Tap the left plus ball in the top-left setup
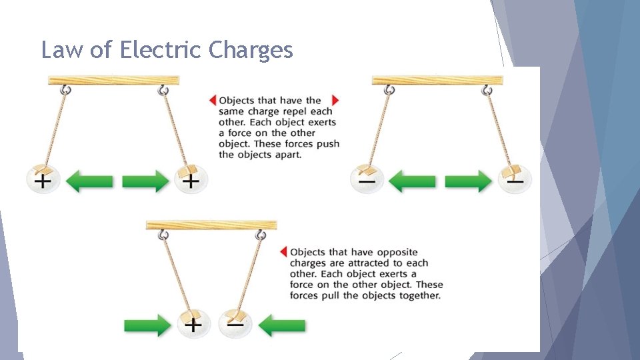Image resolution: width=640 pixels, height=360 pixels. tap(43, 180)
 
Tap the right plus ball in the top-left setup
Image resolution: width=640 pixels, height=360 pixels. tap(191, 180)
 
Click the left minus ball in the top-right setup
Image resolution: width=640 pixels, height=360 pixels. tap(367, 180)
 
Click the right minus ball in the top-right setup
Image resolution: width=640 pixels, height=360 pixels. tap(515, 180)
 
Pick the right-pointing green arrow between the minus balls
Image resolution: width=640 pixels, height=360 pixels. tap(469, 181)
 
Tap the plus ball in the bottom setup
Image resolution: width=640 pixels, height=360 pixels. tap(193, 324)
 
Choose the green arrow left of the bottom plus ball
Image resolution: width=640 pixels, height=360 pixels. tap(147, 325)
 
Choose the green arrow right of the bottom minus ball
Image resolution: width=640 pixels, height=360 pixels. tap(281, 325)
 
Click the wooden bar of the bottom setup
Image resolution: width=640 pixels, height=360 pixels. tap(211, 225)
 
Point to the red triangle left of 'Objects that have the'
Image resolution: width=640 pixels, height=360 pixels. tap(213, 101)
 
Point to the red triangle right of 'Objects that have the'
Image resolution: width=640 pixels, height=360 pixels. tap(335, 101)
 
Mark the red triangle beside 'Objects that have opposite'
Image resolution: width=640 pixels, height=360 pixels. tap(283, 252)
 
